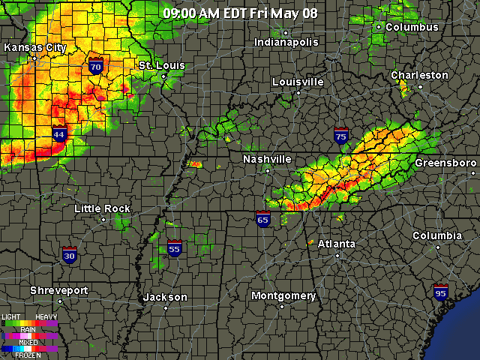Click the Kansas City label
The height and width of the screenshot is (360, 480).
tap(35, 47)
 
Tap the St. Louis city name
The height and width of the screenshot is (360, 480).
tap(161, 66)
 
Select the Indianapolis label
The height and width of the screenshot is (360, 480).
tap(286, 42)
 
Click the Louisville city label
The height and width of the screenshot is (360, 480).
tap(298, 81)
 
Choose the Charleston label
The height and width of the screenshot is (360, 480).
tap(419, 75)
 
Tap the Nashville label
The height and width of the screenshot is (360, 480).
tap(267, 159)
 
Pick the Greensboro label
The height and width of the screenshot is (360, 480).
tap(445, 163)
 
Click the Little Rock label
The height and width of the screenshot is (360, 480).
tap(102, 208)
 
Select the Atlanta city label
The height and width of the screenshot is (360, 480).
tap(336, 244)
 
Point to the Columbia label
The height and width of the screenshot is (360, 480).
tap(437, 235)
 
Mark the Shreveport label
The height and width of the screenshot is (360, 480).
tap(59, 290)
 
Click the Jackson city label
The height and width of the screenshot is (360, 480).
tap(165, 297)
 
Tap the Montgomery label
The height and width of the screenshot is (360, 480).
tap(283, 295)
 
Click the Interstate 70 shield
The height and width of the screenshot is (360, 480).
tap(95, 65)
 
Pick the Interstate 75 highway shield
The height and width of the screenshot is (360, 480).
tap(341, 135)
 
